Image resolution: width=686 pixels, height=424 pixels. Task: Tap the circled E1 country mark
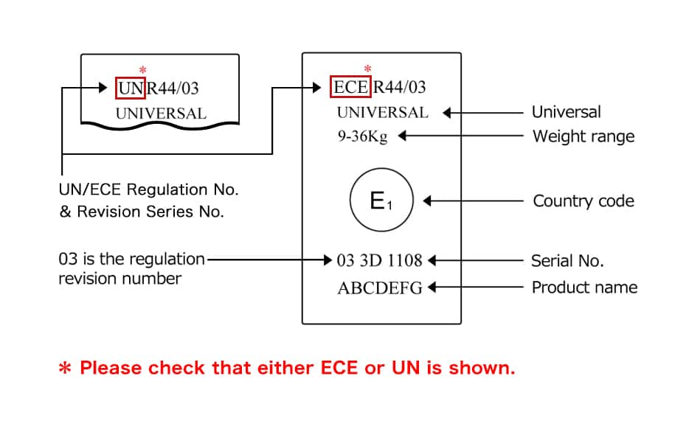click(381, 201)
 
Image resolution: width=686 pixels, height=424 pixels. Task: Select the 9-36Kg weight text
click(362, 136)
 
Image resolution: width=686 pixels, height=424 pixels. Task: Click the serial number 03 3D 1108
click(379, 260)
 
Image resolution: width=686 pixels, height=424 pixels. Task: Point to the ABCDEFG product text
click(380, 288)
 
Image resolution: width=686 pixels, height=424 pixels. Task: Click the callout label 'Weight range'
click(583, 136)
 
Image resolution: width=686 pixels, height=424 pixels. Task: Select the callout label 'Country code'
click(583, 201)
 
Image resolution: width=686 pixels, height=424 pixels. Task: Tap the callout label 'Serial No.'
click(567, 260)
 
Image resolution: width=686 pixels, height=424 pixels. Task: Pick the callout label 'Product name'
click(584, 287)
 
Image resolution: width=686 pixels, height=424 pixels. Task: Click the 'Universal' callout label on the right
click(566, 113)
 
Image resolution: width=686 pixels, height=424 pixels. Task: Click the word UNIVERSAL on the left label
click(161, 114)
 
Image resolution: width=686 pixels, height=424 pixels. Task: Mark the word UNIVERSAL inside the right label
click(382, 113)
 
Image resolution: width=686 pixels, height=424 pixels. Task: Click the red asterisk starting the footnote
click(65, 369)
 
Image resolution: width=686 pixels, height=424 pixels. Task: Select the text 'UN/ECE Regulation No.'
click(148, 190)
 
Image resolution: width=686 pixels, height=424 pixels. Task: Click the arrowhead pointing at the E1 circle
click(427, 201)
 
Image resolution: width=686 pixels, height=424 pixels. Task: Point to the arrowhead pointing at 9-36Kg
click(402, 136)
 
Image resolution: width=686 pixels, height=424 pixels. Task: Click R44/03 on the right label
click(400, 88)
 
